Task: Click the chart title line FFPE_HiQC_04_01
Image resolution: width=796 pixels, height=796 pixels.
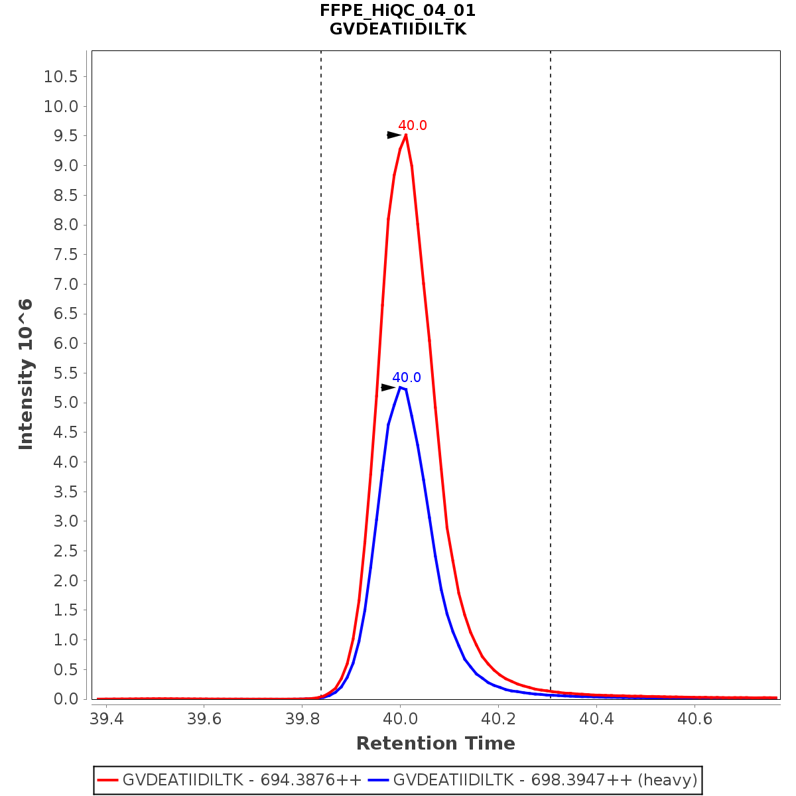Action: [397, 11]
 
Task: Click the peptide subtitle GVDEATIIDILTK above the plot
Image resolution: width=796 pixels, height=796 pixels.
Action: [397, 29]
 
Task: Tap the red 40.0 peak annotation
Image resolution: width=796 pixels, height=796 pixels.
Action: [412, 125]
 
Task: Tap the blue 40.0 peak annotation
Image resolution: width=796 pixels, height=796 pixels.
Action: [406, 378]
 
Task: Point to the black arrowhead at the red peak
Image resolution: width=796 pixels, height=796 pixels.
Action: [394, 135]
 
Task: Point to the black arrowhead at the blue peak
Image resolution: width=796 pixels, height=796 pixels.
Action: [388, 387]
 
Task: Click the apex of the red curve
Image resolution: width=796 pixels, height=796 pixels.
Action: [405, 135]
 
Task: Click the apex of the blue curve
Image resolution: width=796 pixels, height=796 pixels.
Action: [400, 387]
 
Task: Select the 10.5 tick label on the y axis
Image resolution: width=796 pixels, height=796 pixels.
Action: [61, 77]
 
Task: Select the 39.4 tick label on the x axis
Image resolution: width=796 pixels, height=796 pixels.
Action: [107, 720]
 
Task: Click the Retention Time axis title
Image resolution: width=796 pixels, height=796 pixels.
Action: [435, 744]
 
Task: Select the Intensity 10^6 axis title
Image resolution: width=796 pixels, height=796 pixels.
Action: [26, 374]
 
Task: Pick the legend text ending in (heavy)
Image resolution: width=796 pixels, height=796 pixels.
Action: [545, 780]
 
